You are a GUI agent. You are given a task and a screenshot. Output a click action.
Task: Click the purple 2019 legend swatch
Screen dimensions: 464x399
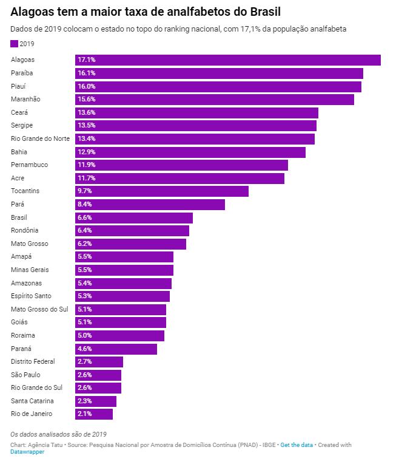15,44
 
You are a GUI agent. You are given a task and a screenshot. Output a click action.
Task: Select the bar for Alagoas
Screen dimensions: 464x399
228,60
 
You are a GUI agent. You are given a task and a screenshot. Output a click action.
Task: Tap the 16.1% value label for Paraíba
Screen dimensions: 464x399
87,73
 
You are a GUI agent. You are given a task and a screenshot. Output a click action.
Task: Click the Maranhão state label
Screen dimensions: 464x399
25,99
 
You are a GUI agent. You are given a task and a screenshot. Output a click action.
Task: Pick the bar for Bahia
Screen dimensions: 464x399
190,152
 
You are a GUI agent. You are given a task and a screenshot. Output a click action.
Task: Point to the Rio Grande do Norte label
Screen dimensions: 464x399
41,138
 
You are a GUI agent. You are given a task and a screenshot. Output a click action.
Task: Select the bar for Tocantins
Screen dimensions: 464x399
162,191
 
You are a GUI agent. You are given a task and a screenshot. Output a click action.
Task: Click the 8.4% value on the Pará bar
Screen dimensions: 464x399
85,204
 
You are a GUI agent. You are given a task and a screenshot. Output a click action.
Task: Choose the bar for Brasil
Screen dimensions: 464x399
134,217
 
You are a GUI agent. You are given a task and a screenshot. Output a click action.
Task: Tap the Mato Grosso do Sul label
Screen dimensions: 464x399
40,309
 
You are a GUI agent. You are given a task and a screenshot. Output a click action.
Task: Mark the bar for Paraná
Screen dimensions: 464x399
116,349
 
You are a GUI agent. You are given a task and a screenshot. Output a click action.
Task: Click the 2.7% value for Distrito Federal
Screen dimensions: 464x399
85,362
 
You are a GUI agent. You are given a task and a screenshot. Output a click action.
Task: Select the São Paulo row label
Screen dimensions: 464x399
25,375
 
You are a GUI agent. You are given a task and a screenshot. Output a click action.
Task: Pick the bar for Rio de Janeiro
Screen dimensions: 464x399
94,414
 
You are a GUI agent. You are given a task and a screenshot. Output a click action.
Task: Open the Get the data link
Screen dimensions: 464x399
297,445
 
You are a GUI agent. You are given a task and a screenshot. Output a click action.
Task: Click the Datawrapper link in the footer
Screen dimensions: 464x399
27,452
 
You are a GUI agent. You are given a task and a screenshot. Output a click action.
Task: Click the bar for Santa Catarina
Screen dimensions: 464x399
96,401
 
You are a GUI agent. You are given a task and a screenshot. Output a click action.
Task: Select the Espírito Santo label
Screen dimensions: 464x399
32,296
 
